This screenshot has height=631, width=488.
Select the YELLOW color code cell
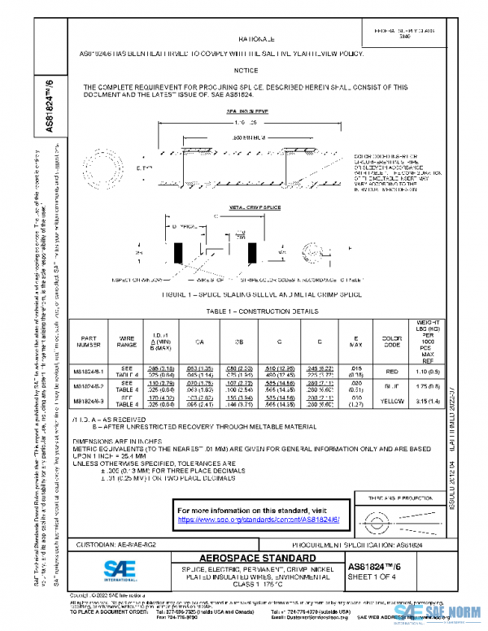(387, 422)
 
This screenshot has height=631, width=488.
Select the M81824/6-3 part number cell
(94, 422)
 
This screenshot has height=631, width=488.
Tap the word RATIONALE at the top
(261, 39)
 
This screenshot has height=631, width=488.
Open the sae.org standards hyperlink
(258, 518)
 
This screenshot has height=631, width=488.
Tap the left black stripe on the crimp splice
(177, 253)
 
